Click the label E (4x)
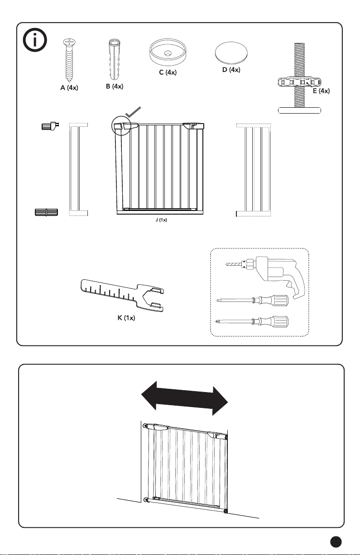coord(321,91)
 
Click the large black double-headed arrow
coord(184,397)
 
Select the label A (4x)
coord(69,88)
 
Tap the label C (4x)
coord(168,73)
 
